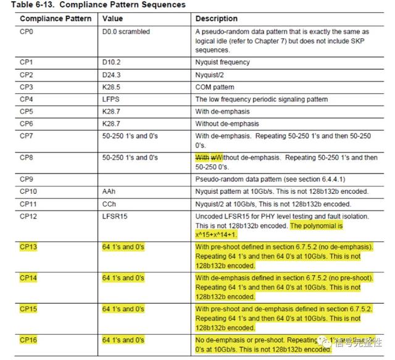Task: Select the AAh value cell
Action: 109,191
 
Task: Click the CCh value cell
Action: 109,204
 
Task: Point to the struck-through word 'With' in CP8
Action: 202,157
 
